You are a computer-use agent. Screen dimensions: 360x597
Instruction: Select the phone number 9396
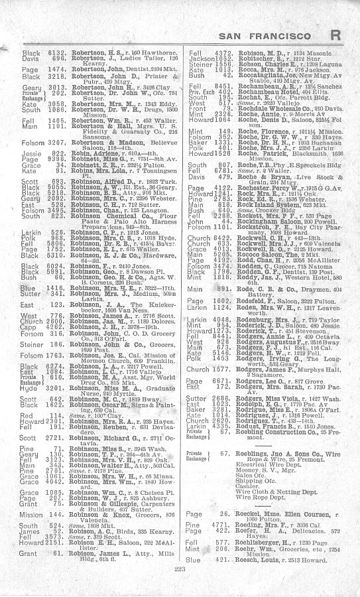pos(58,158)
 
